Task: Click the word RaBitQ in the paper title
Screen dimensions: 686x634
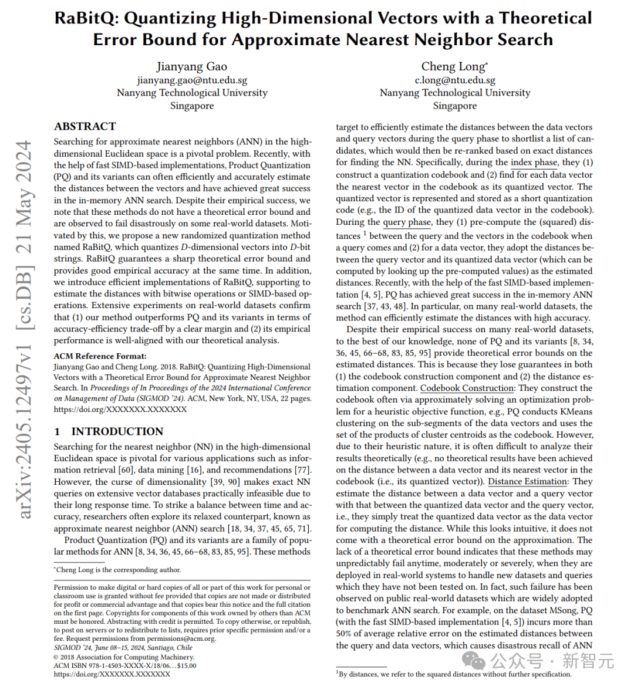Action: [86, 18]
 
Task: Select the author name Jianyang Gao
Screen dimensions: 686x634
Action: [192, 67]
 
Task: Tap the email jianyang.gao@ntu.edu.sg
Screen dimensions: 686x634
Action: [192, 80]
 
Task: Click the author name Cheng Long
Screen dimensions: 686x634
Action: [453, 67]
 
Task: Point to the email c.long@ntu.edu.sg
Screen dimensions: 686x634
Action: [455, 80]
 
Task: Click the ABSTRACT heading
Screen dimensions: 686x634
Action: [85, 126]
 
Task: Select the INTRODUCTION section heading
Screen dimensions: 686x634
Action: [117, 431]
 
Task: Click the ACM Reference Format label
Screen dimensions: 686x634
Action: [100, 356]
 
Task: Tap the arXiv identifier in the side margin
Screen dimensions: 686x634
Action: [23, 329]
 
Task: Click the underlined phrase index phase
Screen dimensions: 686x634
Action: [534, 163]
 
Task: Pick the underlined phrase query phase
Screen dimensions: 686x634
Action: [407, 222]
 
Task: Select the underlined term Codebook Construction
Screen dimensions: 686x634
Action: [467, 388]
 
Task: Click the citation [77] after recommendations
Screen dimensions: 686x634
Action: [302, 470]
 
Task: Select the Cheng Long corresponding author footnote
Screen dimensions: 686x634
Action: [117, 570]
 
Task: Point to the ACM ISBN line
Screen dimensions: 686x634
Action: [124, 665]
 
